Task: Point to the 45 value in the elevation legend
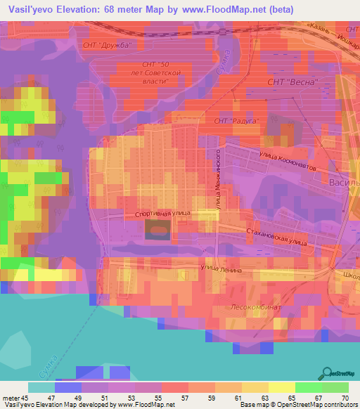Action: (30, 398)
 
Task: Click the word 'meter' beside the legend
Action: (12, 398)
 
